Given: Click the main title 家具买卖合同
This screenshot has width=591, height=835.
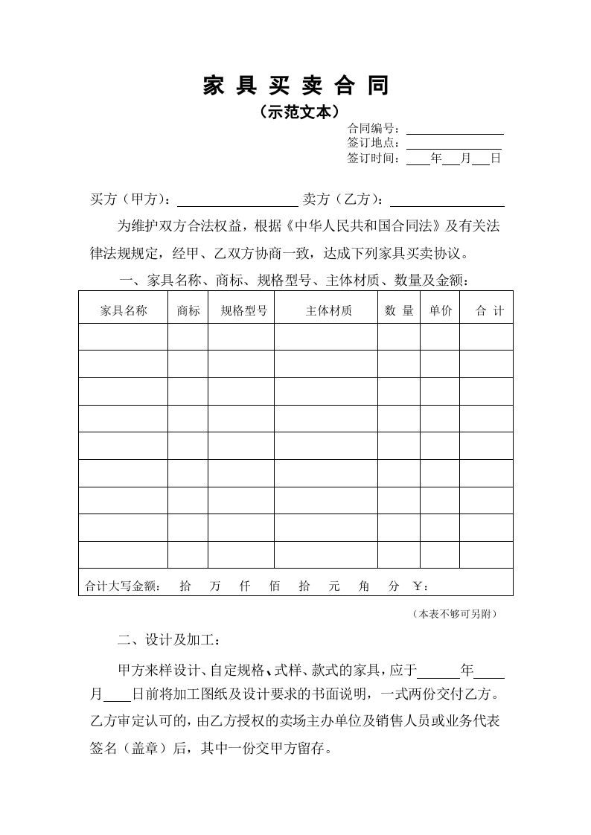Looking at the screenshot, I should (x=295, y=86).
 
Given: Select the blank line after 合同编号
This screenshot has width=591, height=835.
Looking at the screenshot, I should (x=454, y=131).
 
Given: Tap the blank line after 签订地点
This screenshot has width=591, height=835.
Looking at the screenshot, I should (x=454, y=145).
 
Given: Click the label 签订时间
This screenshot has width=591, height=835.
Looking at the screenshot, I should (x=374, y=159).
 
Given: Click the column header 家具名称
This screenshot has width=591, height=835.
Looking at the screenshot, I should (x=124, y=311).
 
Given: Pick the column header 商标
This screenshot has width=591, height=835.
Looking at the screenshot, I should (x=188, y=311).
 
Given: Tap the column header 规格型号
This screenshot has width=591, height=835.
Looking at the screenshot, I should (x=243, y=311).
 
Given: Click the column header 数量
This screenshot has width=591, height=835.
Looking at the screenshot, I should (x=399, y=311).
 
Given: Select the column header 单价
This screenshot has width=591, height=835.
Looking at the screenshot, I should (x=440, y=311).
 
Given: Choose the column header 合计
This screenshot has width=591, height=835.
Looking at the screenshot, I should (x=489, y=311).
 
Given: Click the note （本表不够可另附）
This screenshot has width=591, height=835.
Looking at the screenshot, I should (x=453, y=614).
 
